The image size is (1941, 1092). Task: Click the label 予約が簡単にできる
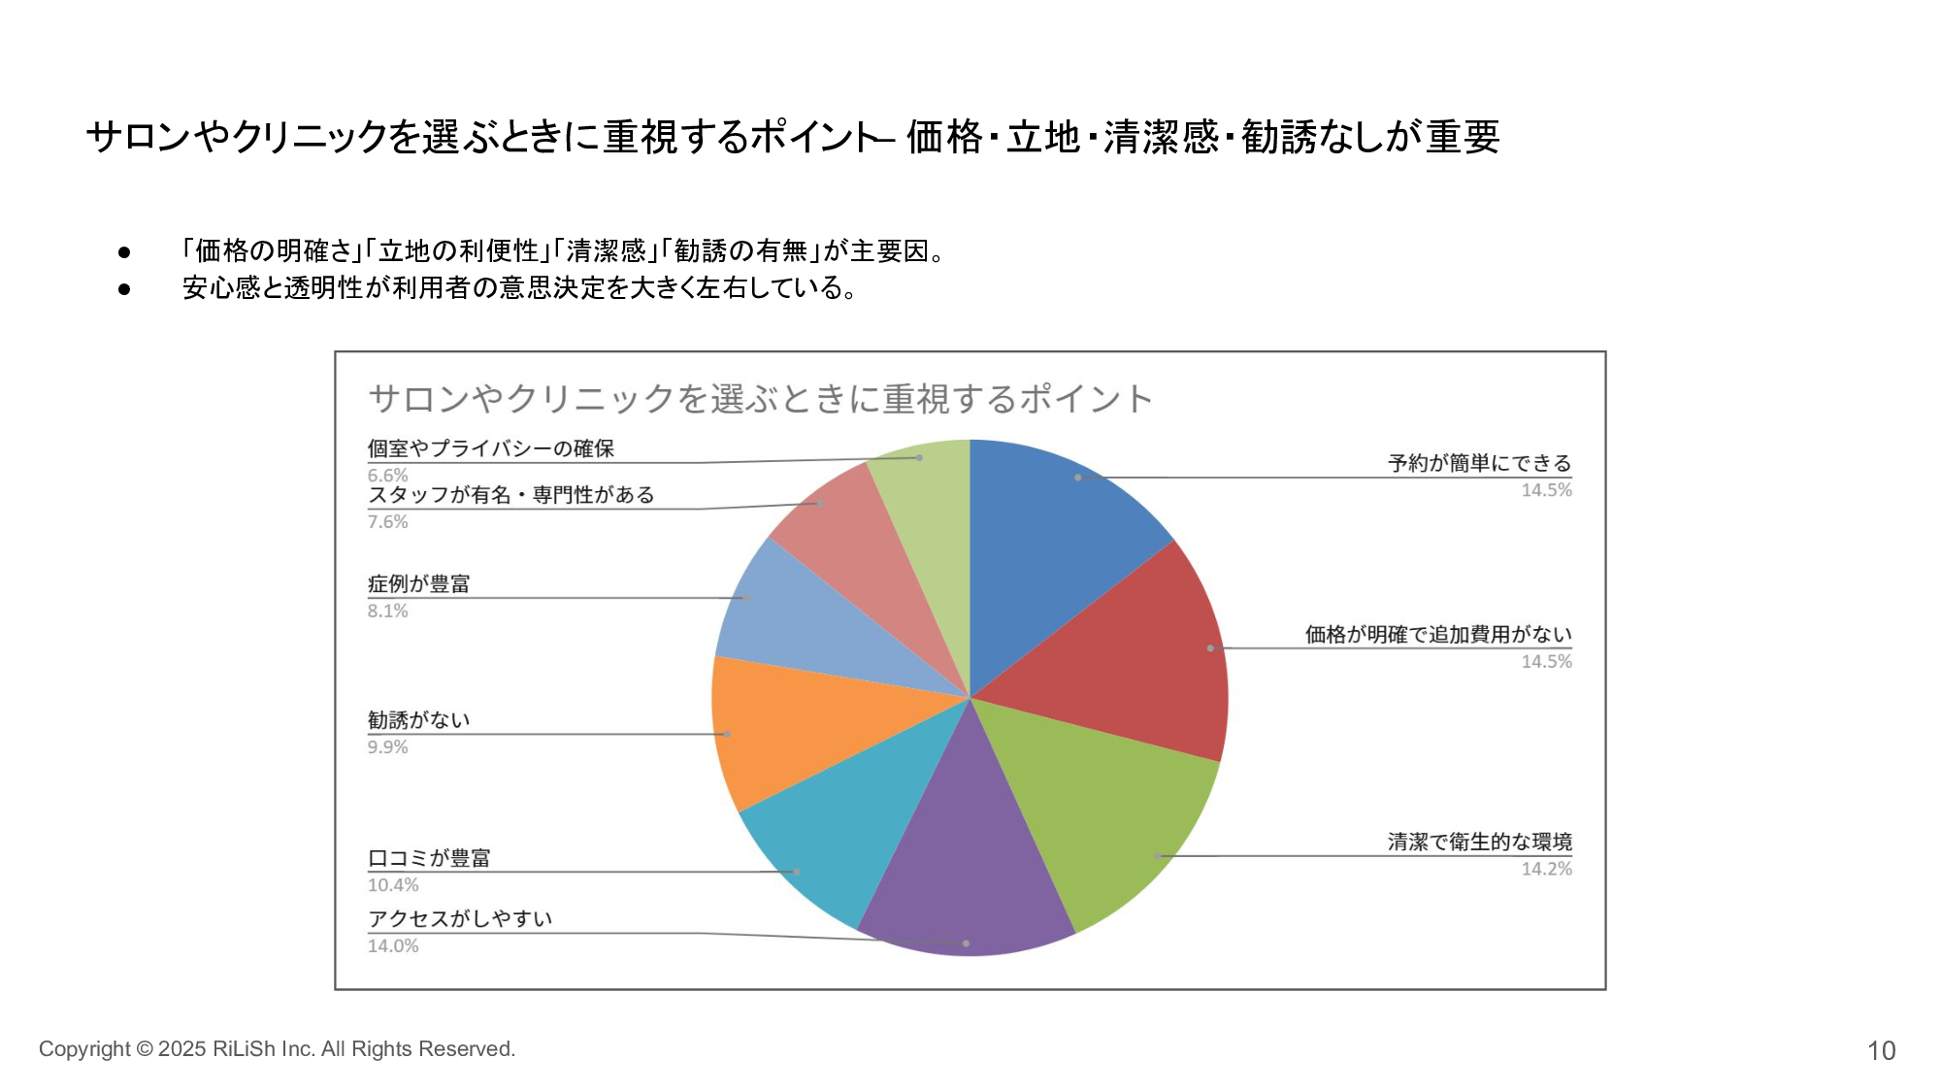click(x=1478, y=463)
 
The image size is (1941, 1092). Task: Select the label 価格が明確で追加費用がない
click(x=1437, y=634)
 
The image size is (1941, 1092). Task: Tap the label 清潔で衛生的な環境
click(x=1478, y=842)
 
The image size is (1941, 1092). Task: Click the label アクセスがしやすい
click(x=459, y=918)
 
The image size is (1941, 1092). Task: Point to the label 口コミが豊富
click(x=428, y=858)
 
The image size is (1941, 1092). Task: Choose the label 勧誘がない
click(x=418, y=720)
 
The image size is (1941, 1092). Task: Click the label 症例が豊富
click(x=418, y=583)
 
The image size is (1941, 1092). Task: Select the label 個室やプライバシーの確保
click(x=490, y=448)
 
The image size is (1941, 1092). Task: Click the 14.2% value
click(x=1546, y=869)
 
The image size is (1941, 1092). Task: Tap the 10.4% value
click(x=393, y=885)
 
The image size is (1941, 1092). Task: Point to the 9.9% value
click(x=387, y=747)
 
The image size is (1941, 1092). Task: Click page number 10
click(x=1881, y=1050)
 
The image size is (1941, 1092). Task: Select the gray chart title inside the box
click(x=760, y=399)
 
